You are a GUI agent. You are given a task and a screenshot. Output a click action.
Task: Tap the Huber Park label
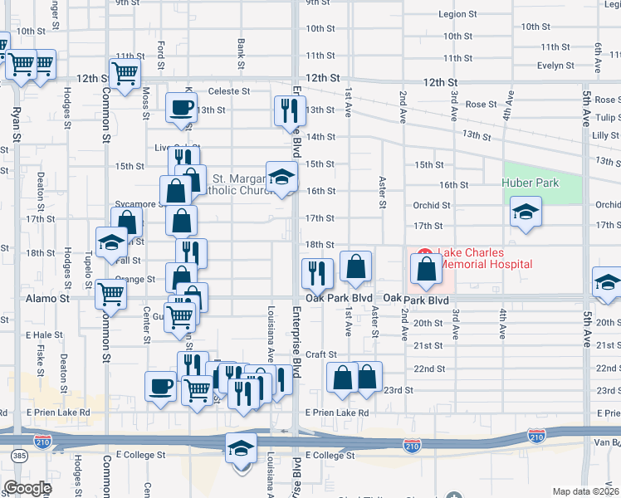tap(531, 183)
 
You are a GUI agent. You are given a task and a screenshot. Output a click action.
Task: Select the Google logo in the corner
tap(27, 488)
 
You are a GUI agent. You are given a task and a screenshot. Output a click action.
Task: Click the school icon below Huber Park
tap(526, 212)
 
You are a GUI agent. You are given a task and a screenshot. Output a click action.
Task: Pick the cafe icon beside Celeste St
tap(181, 107)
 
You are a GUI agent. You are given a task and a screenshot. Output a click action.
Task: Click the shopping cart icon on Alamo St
tap(110, 293)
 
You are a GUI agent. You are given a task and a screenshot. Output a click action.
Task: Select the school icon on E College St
tap(241, 448)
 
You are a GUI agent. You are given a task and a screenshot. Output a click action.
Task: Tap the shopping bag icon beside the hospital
tap(426, 268)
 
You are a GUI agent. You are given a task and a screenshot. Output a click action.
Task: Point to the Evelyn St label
tap(555, 66)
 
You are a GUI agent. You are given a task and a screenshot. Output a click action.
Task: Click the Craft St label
tap(320, 354)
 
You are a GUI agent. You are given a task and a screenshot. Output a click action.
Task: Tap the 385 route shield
tap(18, 456)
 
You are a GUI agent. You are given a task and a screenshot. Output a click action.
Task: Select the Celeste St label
tap(229, 91)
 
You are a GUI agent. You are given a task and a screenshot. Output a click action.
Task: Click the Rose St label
tap(481, 105)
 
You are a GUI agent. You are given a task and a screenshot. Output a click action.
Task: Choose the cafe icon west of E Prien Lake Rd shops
tap(160, 385)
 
